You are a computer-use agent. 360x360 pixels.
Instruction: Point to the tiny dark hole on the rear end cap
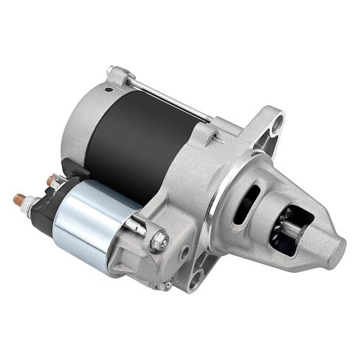coord(108,90)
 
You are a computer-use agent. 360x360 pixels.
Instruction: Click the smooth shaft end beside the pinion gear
coord(292,229)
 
